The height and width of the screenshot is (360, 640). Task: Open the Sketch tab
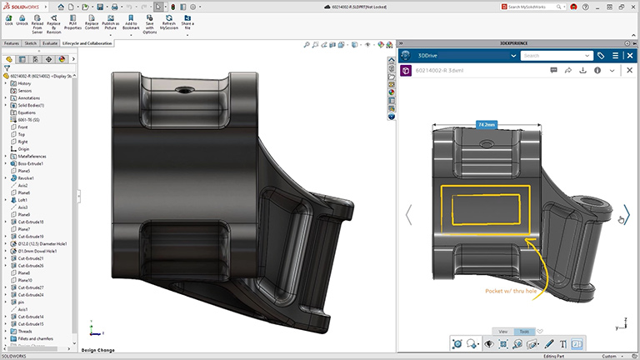31,42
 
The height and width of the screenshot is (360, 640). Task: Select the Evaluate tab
50,42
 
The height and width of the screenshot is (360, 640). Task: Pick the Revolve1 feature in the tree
27,177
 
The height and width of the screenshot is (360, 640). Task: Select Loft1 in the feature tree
23,200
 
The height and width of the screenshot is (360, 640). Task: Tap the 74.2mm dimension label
486,124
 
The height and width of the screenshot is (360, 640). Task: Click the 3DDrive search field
552,56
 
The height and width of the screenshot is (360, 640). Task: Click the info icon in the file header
597,71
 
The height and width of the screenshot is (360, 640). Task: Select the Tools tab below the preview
524,331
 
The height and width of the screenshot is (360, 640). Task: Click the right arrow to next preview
627,214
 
